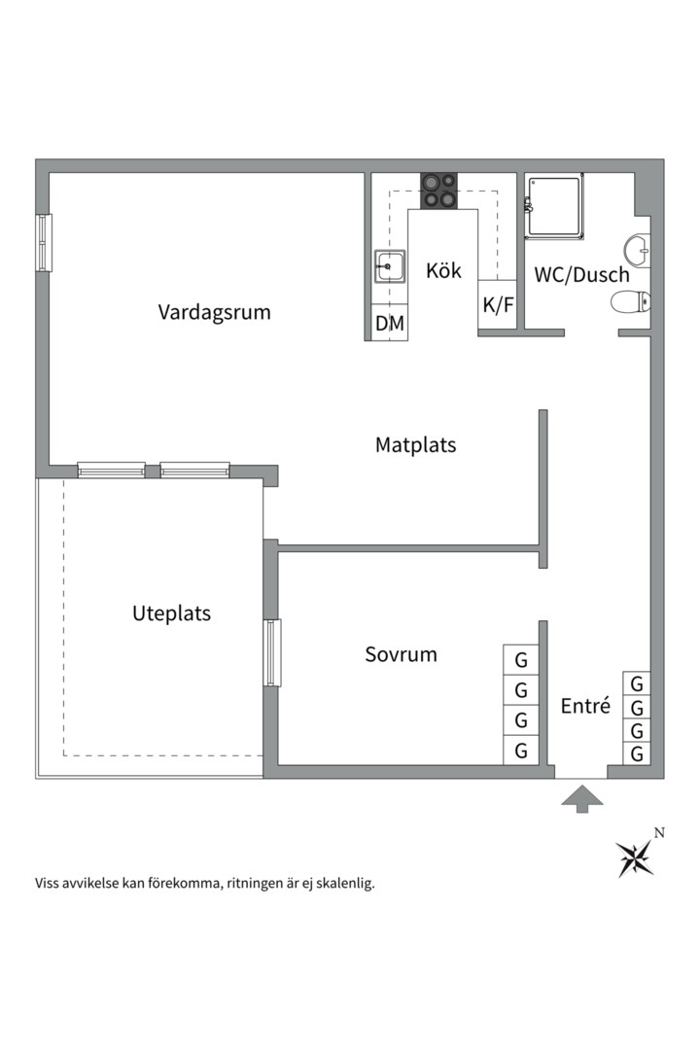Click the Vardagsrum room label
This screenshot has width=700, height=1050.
[x=214, y=312]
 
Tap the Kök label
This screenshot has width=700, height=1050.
[x=443, y=271]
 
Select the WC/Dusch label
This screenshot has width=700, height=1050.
[x=581, y=274]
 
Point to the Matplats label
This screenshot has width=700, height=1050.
[x=415, y=445]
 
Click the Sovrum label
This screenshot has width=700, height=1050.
[x=401, y=654]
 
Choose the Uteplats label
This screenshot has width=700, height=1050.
[x=171, y=613]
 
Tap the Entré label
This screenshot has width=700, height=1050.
[x=585, y=707]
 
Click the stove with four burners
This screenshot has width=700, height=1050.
[x=439, y=190]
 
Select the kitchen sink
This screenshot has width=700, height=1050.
[x=389, y=264]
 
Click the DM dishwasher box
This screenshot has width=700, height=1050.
[x=390, y=324]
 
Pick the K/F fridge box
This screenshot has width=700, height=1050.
[x=498, y=305]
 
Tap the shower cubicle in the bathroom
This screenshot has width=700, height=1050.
[x=554, y=205]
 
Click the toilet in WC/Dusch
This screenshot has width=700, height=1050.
[x=630, y=303]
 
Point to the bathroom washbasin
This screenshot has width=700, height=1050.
[x=638, y=250]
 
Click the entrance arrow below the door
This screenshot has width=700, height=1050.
[x=581, y=798]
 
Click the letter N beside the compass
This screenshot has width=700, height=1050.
[x=659, y=832]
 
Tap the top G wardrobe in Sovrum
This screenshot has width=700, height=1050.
[x=521, y=660]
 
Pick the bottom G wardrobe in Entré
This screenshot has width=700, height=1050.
[x=637, y=753]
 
